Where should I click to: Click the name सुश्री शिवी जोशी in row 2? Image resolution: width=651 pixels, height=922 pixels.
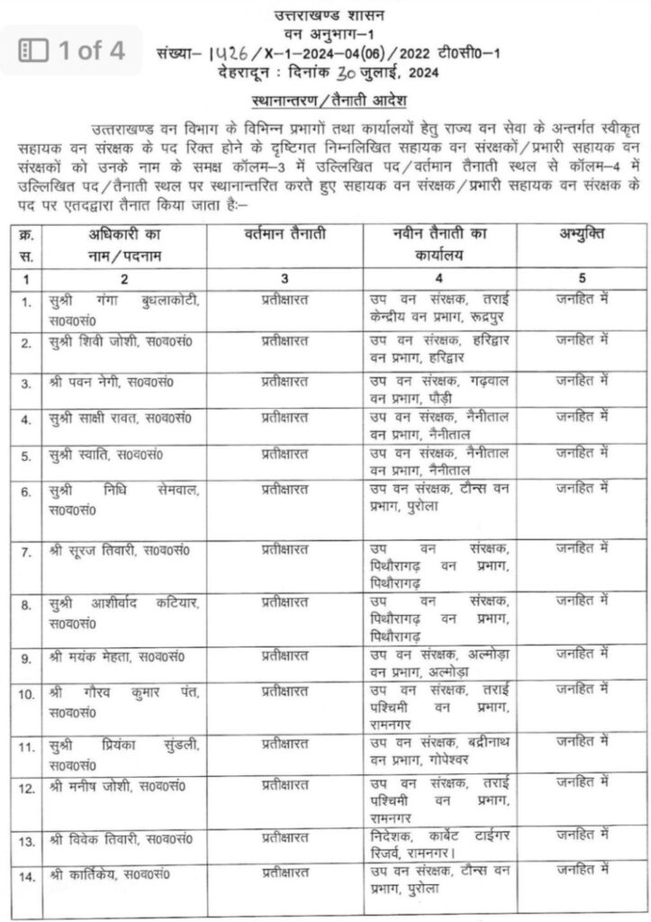[99, 343]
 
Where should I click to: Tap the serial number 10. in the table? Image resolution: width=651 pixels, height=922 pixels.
[26, 693]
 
